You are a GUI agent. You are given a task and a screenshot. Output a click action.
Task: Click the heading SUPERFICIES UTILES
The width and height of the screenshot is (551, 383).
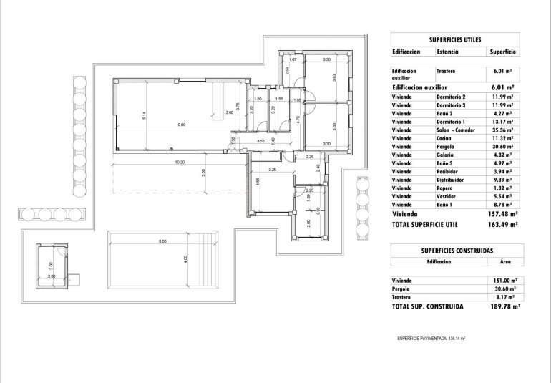pyautogui.click(x=455, y=40)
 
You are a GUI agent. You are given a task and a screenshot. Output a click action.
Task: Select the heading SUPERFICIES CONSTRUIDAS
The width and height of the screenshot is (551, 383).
pyautogui.click(x=455, y=251)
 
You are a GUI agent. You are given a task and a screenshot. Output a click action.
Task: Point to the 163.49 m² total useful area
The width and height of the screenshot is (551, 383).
pyautogui.click(x=500, y=224)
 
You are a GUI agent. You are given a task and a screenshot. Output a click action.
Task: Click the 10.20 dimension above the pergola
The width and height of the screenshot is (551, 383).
pyautogui.click(x=180, y=162)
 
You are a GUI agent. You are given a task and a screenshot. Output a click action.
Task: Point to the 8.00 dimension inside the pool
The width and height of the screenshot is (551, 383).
pyautogui.click(x=163, y=241)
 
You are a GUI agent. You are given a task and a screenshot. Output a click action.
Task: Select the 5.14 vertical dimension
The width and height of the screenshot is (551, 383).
pyautogui.click(x=145, y=115)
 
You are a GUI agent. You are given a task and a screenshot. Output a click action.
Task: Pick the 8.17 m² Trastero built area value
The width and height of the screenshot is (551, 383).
pyautogui.click(x=502, y=296)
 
